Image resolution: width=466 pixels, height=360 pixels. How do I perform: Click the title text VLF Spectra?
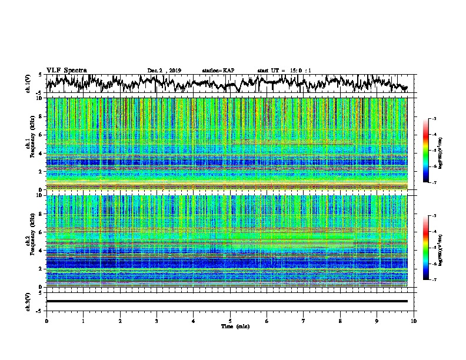click(66, 70)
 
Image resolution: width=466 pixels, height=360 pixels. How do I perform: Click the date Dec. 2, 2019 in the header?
click(164, 71)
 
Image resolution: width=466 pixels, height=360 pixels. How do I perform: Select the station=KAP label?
click(218, 71)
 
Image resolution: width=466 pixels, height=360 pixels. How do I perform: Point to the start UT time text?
click(284, 71)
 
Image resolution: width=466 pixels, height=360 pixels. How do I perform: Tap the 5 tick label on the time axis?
click(230, 321)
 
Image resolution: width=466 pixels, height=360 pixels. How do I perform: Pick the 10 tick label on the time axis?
click(414, 321)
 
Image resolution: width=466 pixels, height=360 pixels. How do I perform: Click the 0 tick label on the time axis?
click(46, 321)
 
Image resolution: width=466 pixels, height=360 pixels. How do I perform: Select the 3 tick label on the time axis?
click(157, 321)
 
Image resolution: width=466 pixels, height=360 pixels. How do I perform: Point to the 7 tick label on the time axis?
click(304, 321)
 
